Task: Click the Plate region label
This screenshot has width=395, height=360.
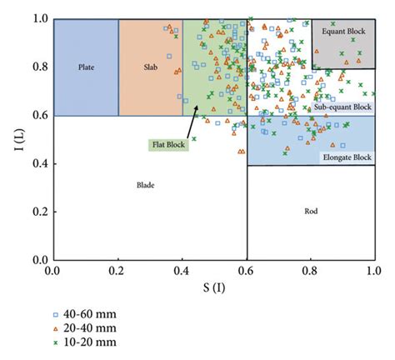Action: click(x=86, y=66)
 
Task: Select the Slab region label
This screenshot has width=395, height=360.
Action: click(x=150, y=66)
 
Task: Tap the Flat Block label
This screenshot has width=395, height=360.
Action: click(x=168, y=144)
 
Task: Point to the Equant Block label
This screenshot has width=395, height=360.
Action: click(x=342, y=31)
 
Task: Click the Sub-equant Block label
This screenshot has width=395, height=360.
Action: click(x=342, y=107)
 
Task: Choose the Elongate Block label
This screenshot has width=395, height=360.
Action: click(x=346, y=157)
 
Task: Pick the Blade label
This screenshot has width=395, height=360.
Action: click(x=146, y=185)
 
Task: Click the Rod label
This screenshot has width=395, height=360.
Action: click(x=311, y=212)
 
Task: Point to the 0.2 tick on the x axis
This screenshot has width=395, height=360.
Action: click(x=118, y=271)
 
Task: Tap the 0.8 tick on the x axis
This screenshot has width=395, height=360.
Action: click(x=310, y=271)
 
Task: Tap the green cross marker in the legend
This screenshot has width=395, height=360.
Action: click(x=56, y=342)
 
